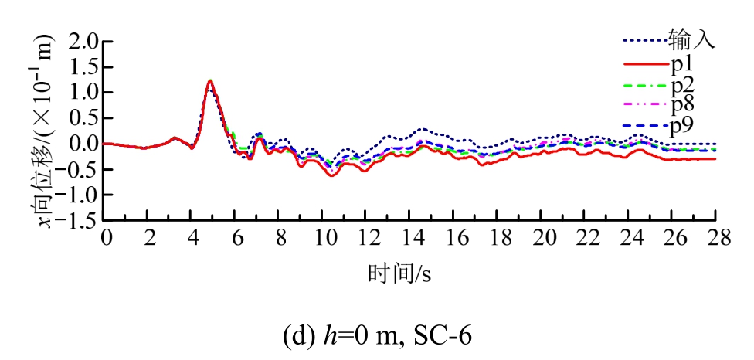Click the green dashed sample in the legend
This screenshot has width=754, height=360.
point(644,84)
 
